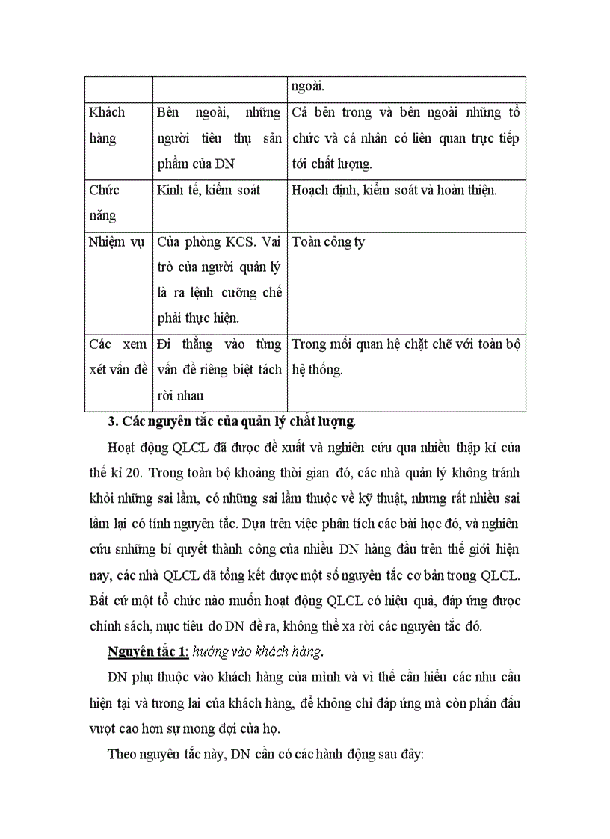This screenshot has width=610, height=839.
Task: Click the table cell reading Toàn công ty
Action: point(327,242)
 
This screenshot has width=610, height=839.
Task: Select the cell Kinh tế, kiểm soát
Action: point(209,190)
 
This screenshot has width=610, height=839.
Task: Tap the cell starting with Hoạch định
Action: point(394,190)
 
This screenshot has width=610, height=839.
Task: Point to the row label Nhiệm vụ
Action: point(117,242)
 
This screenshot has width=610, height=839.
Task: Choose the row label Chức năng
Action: point(104,202)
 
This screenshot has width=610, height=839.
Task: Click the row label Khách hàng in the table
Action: point(107,125)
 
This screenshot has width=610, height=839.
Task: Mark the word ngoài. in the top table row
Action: point(308,86)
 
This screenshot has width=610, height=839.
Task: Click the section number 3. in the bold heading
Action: point(114,421)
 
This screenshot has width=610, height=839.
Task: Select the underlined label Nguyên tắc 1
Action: point(147,651)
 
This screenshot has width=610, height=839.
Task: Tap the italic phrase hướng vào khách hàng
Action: point(257,651)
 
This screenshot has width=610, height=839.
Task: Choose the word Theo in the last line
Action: point(122,755)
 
